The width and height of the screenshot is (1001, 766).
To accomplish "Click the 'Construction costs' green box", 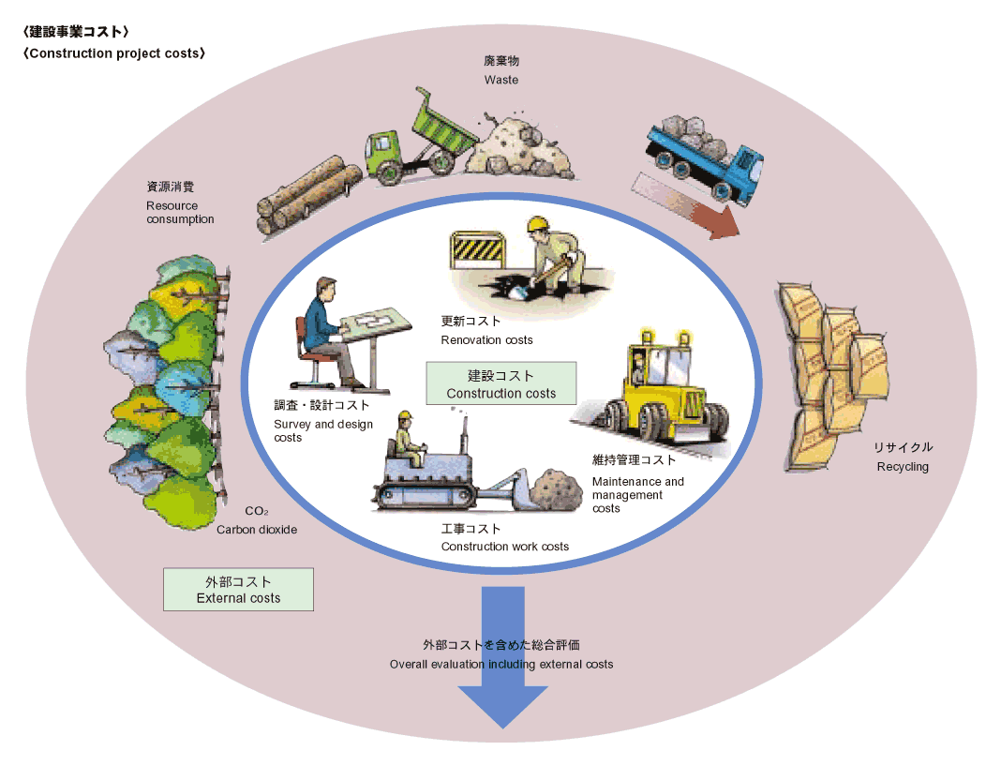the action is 501,383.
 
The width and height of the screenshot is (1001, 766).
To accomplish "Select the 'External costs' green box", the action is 238,590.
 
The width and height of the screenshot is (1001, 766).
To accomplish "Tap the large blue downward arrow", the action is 503,658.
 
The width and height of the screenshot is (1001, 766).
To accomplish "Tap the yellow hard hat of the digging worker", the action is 538,224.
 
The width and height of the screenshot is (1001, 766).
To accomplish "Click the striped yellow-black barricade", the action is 478,250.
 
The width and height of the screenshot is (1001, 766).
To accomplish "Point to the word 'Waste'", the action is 501,80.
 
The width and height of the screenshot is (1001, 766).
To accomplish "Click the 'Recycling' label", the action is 903,467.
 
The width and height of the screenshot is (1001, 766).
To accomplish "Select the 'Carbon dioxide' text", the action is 257,530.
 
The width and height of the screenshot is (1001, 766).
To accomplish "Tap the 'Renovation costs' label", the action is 486,340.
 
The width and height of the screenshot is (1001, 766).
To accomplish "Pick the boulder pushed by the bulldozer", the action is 557,490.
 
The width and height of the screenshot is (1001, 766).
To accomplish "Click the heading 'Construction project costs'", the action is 114,53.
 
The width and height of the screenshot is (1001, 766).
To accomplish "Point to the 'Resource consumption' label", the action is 180,212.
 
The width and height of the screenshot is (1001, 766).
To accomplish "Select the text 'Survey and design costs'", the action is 323,430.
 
